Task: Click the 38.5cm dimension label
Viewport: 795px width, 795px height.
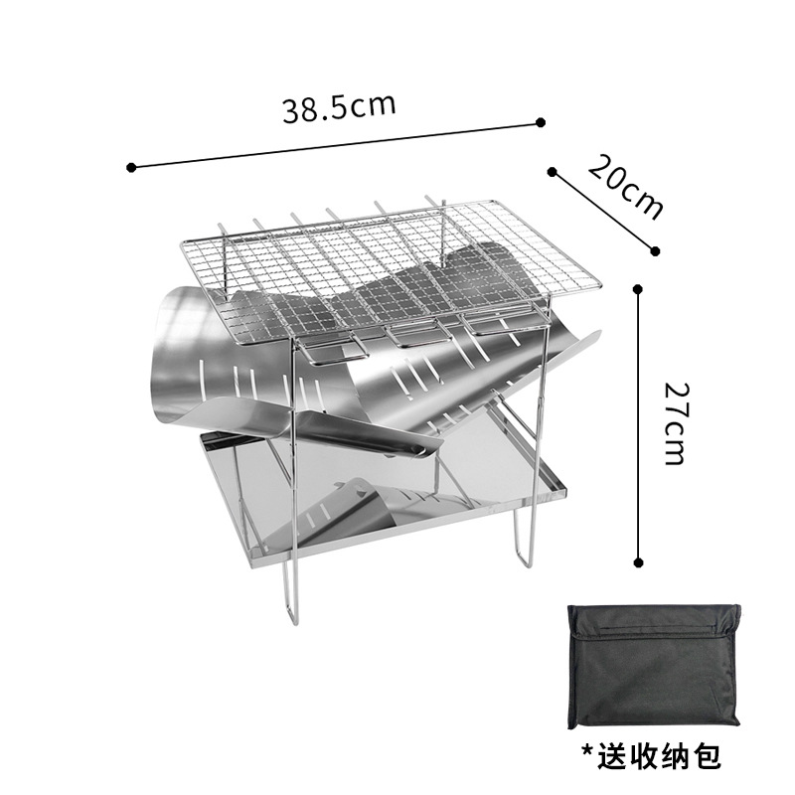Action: (338, 106)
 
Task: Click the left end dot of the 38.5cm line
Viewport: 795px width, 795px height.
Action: (132, 167)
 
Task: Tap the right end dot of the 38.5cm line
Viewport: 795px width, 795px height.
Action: (540, 122)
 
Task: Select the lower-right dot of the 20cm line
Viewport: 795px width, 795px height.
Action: (655, 249)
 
